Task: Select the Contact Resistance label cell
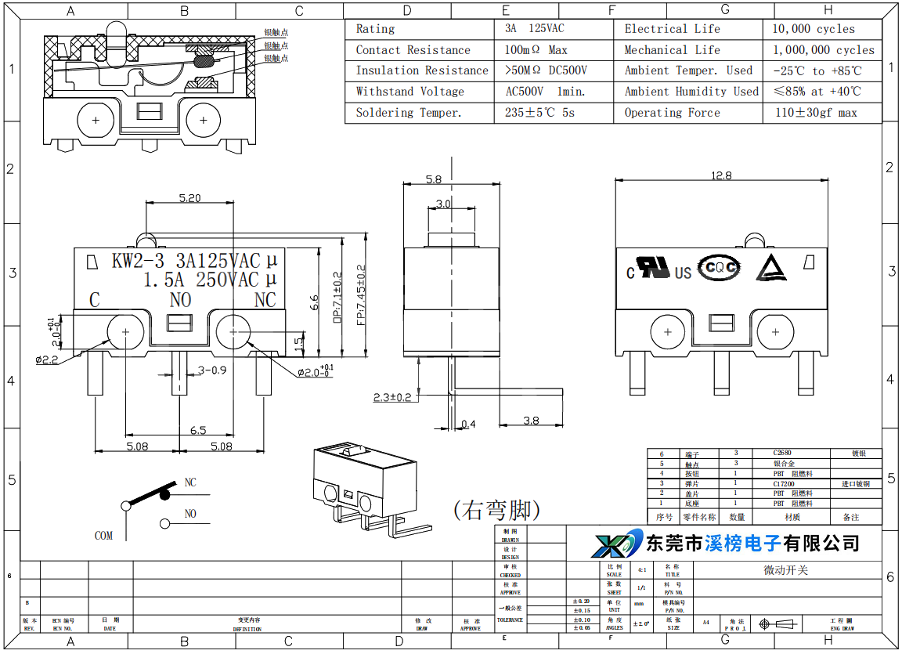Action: (x=413, y=50)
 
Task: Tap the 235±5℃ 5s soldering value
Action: (x=539, y=113)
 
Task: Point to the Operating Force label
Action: (x=672, y=113)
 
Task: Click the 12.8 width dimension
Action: (x=721, y=175)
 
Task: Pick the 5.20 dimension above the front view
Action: (x=189, y=198)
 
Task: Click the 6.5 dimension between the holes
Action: (x=198, y=430)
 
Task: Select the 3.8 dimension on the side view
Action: (x=531, y=421)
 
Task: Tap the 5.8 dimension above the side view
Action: (x=433, y=179)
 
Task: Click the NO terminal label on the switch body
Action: (x=180, y=300)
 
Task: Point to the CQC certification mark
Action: (x=719, y=267)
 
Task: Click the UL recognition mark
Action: (x=651, y=267)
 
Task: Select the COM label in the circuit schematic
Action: (x=103, y=536)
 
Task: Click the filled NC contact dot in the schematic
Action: (x=164, y=493)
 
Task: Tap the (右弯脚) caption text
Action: (x=496, y=511)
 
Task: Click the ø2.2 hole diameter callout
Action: (x=47, y=360)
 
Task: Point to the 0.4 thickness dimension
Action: (x=468, y=425)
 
